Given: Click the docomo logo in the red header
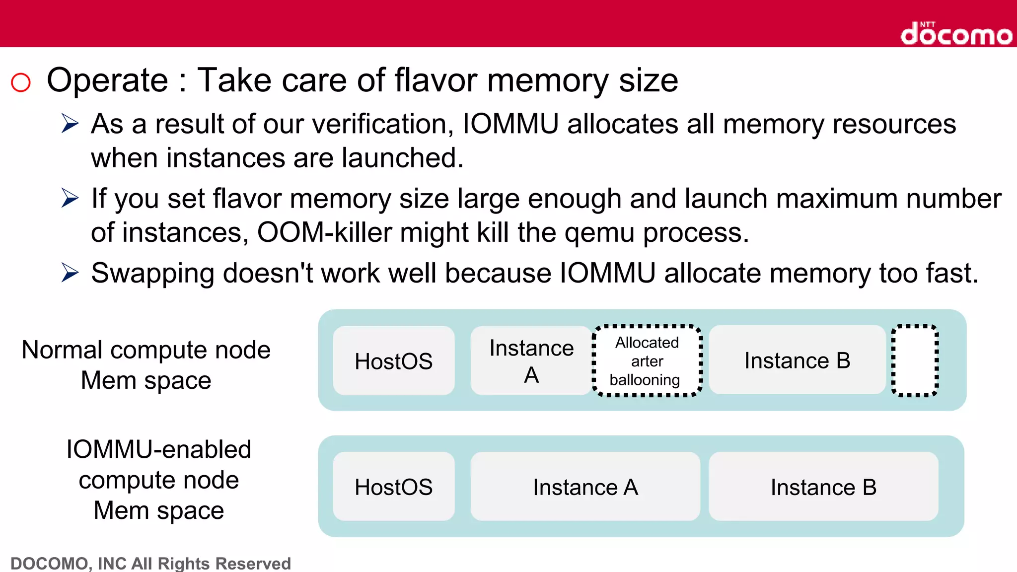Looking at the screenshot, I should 956,34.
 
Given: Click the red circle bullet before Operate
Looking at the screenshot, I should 21,82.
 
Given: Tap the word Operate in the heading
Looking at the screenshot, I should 107,80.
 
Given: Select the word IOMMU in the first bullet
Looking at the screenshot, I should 510,124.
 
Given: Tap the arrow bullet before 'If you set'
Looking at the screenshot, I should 70,199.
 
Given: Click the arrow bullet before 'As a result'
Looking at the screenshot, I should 70,124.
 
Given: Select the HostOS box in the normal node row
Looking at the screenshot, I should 393,361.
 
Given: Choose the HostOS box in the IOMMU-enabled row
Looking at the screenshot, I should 393,487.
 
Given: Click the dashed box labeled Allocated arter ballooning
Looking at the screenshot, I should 647,361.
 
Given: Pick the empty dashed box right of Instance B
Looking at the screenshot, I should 914,361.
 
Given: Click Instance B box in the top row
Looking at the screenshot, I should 797,360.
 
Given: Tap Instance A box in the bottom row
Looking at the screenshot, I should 585,487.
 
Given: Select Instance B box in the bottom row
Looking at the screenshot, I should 823,487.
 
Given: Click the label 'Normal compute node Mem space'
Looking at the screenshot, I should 146,365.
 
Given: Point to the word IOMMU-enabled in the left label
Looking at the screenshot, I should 158,449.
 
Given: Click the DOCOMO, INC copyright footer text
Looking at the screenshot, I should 150,564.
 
